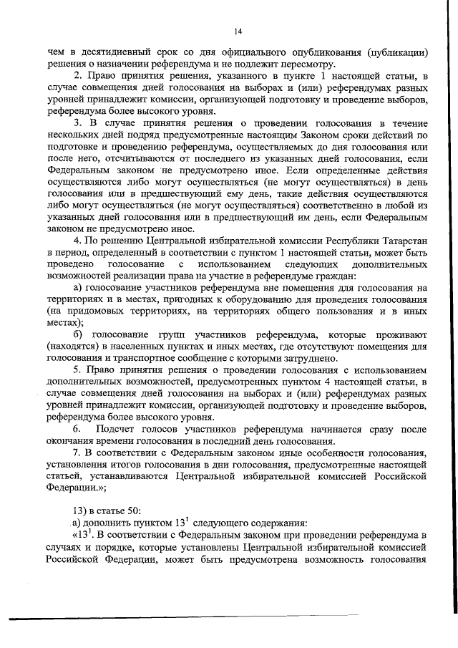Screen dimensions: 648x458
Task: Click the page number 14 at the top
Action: pos(238,31)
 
